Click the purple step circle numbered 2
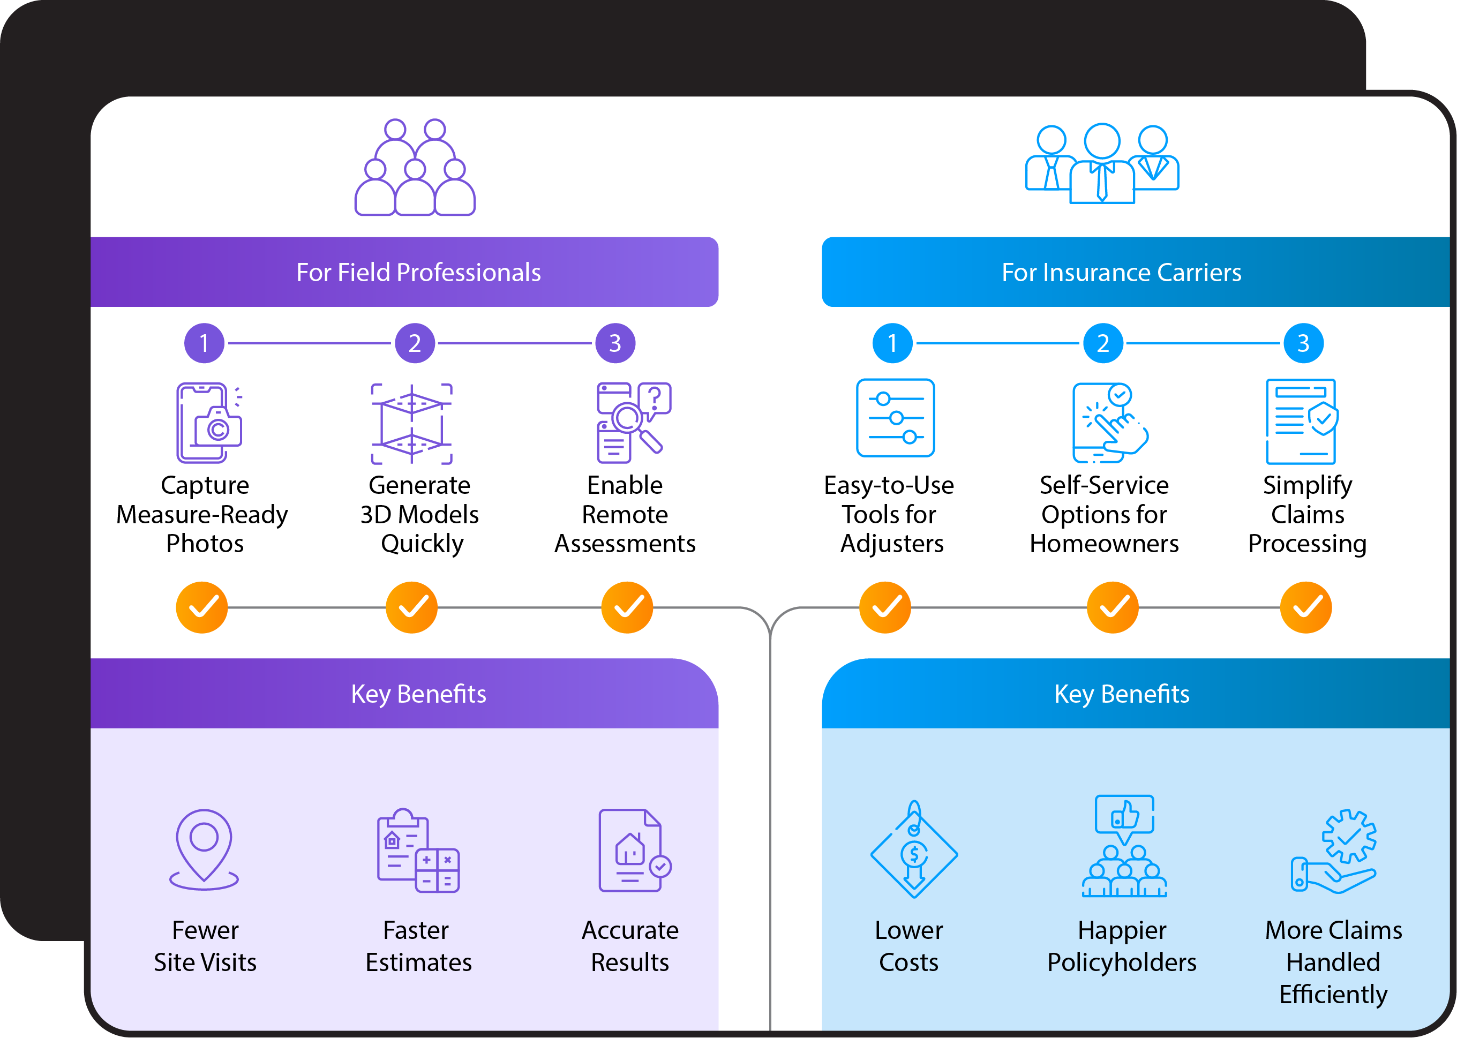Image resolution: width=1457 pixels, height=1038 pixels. click(x=415, y=343)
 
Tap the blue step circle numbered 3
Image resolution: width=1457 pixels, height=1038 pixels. click(x=1303, y=343)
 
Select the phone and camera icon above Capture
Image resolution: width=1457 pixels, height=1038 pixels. click(x=209, y=423)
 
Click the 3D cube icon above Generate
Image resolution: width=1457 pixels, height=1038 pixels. click(x=412, y=424)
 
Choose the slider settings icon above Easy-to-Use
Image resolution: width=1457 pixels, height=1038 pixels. click(x=895, y=418)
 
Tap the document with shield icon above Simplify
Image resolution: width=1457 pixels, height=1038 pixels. click(x=1302, y=421)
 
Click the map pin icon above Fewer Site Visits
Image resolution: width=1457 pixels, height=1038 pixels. click(x=204, y=849)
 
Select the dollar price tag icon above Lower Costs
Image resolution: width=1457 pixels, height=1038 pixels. click(x=914, y=849)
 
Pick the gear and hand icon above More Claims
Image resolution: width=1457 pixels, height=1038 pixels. click(x=1334, y=852)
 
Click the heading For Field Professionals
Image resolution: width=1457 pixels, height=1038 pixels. click(x=418, y=272)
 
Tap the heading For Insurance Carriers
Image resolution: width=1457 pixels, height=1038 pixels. click(x=1122, y=272)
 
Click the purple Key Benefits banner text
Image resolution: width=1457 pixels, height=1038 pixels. click(x=418, y=694)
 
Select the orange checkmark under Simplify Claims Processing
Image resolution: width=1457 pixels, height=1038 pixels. click(x=1305, y=607)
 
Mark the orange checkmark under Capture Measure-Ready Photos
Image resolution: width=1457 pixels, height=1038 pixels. click(x=202, y=607)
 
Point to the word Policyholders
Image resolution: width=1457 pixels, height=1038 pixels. click(x=1122, y=962)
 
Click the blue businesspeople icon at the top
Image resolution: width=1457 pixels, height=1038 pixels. click(x=1102, y=163)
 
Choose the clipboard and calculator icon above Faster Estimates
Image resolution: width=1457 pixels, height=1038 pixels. click(x=418, y=850)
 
